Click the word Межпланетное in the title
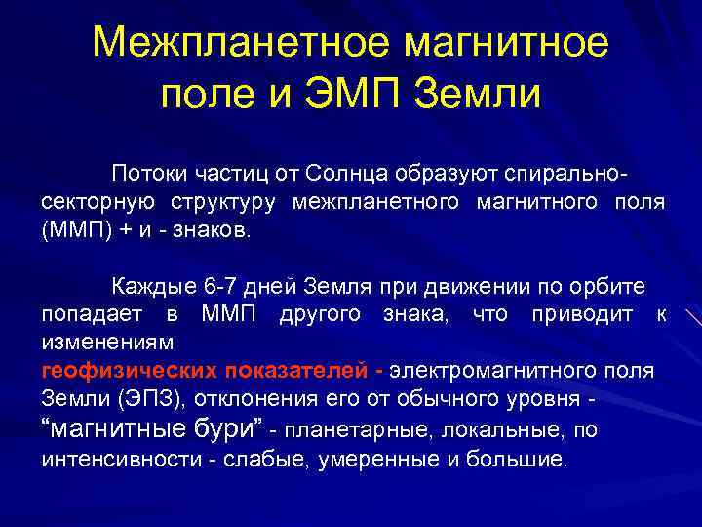coord(239,44)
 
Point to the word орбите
coord(613,288)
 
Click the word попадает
coord(90,316)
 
